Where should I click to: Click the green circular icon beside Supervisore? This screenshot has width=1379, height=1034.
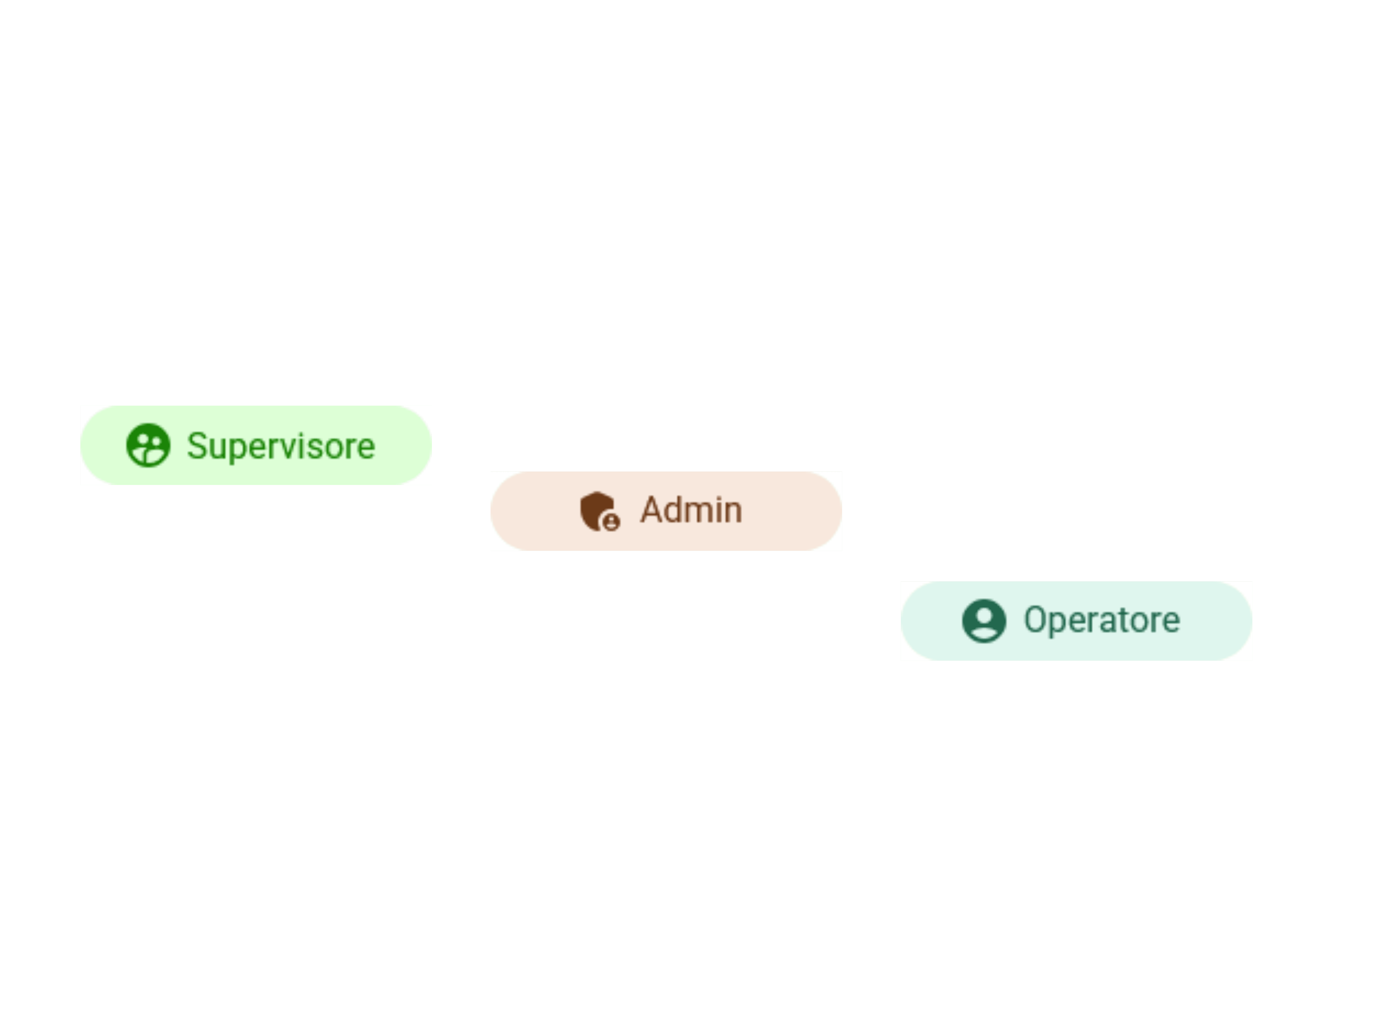click(148, 445)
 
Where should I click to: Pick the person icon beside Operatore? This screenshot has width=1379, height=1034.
click(984, 621)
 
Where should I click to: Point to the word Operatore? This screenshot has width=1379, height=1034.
click(1102, 620)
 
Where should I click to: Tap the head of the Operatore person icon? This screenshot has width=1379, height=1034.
click(984, 615)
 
